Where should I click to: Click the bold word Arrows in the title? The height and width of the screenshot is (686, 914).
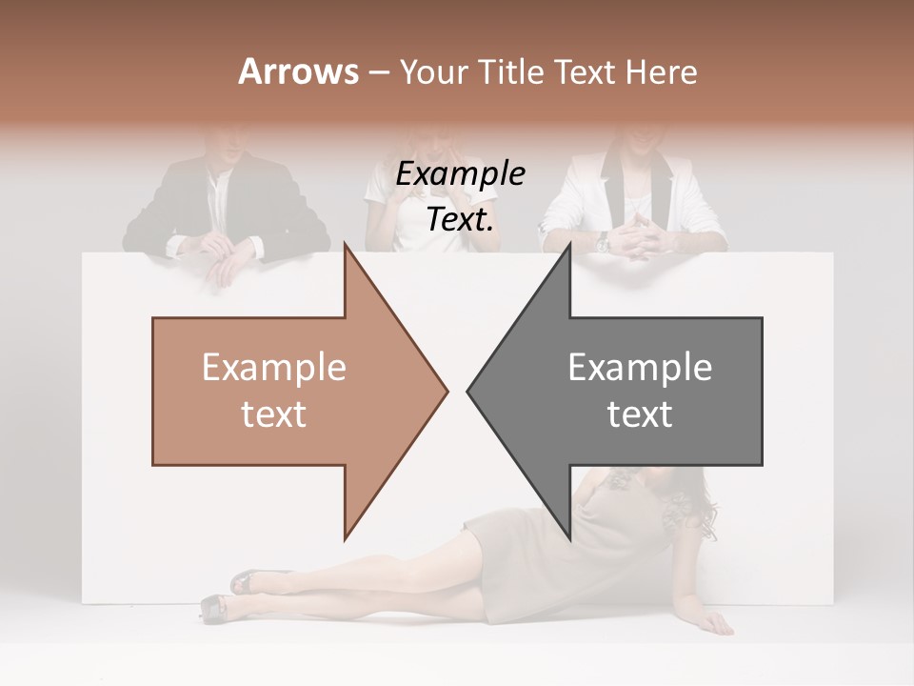point(298,71)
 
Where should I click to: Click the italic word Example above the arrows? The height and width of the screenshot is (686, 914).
point(461,175)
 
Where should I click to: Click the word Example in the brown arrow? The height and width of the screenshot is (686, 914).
point(273,367)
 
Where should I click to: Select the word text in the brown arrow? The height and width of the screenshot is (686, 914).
point(273,414)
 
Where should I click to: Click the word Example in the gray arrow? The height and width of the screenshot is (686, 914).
point(640,367)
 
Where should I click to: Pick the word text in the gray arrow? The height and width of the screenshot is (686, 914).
point(640,414)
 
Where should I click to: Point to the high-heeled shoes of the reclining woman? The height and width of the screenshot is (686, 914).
point(228,595)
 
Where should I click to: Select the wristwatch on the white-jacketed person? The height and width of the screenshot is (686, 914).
point(604,244)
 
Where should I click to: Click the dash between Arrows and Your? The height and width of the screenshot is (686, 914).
point(378,72)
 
